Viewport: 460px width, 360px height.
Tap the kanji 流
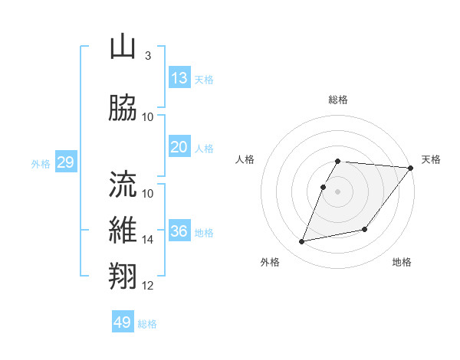(123, 183)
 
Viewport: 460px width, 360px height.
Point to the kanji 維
(123, 230)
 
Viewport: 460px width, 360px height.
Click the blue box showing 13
(179, 78)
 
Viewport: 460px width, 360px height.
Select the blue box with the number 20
(179, 147)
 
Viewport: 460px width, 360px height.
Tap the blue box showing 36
(179, 231)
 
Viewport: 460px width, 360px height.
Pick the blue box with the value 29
(65, 162)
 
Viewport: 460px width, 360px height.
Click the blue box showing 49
(123, 322)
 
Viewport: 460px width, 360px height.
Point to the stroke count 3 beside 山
(147, 56)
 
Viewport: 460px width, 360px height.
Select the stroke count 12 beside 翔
(148, 286)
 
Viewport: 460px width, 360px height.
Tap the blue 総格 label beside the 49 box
(147, 324)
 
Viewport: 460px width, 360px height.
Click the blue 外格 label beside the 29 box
(41, 163)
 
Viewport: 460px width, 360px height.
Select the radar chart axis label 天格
(431, 159)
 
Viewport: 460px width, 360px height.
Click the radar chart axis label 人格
(245, 159)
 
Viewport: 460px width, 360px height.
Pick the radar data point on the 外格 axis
(302, 242)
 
